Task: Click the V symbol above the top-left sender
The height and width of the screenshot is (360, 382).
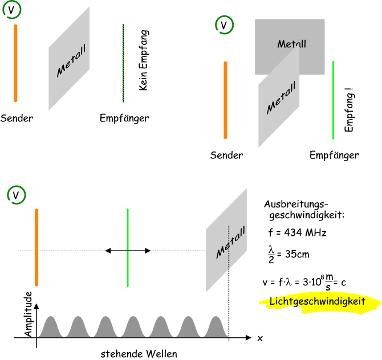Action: pos(13,11)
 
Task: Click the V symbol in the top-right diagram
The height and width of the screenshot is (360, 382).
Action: pos(224,25)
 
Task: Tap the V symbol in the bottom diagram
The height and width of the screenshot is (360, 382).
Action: pos(17,195)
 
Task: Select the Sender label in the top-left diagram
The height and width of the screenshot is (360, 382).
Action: pos(17,118)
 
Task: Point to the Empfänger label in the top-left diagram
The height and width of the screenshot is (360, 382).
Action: pos(124,118)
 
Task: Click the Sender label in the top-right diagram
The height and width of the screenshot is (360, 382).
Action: pos(226,155)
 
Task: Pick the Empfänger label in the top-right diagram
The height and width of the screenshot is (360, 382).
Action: pos(334,155)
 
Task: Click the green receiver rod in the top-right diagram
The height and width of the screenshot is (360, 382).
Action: pos(333,100)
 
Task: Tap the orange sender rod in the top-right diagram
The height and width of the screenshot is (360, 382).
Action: pos(226,100)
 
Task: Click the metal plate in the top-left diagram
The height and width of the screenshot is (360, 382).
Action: pos(69,59)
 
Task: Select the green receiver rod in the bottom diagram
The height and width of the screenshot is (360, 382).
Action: pos(128,248)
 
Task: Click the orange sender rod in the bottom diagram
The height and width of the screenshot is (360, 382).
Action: pos(36,247)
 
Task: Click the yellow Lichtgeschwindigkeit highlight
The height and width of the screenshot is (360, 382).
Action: pos(318,302)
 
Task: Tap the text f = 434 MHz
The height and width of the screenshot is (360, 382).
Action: pos(297,232)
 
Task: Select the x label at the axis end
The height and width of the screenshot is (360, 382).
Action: pos(260,338)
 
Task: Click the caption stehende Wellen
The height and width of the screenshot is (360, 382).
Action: pos(139,353)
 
